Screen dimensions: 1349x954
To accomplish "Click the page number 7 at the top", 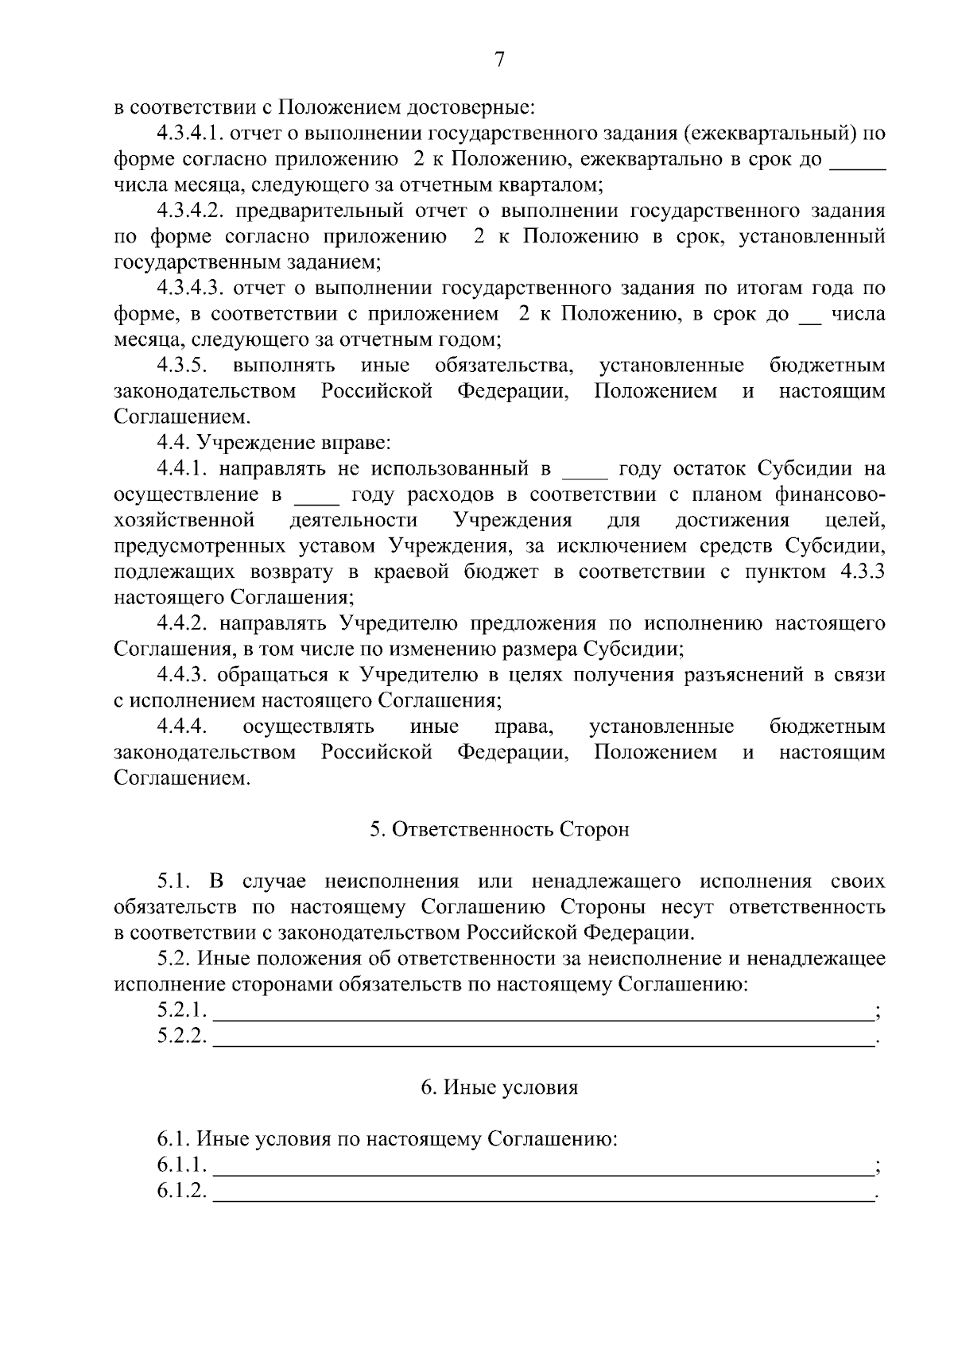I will tap(499, 60).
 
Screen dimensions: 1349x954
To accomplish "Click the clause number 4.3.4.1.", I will tap(188, 133).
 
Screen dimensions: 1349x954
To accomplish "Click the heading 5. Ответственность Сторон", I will tap(499, 829).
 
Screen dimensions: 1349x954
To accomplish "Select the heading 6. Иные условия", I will tap(499, 1087).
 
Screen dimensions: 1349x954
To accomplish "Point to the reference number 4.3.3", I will tap(862, 572).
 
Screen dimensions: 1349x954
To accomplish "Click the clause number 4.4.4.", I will tap(182, 727).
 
